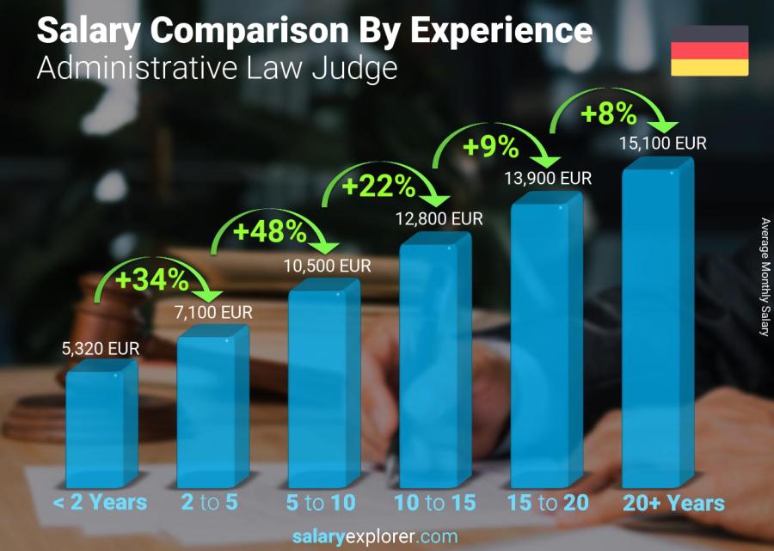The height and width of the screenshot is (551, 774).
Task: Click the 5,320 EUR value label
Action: [100, 349]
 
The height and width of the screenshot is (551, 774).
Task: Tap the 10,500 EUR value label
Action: [327, 266]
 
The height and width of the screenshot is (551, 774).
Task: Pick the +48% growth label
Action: [269, 231]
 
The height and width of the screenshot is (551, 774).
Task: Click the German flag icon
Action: [709, 50]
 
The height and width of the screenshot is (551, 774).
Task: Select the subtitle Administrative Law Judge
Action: [217, 68]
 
